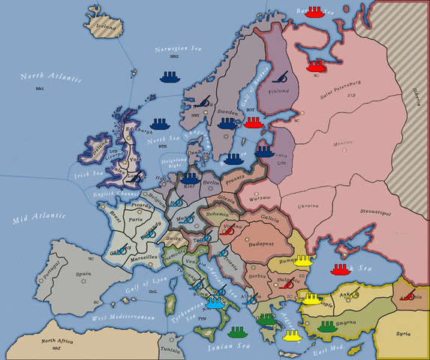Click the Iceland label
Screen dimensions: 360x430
104,25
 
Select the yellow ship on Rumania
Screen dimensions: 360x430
302,260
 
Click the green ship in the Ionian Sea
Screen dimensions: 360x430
238,331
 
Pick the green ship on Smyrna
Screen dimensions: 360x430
326,326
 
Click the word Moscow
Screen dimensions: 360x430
323,142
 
